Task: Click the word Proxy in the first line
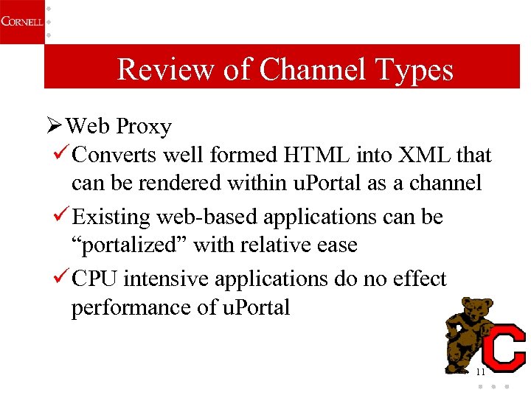tap(144, 127)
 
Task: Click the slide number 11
tap(481, 372)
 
